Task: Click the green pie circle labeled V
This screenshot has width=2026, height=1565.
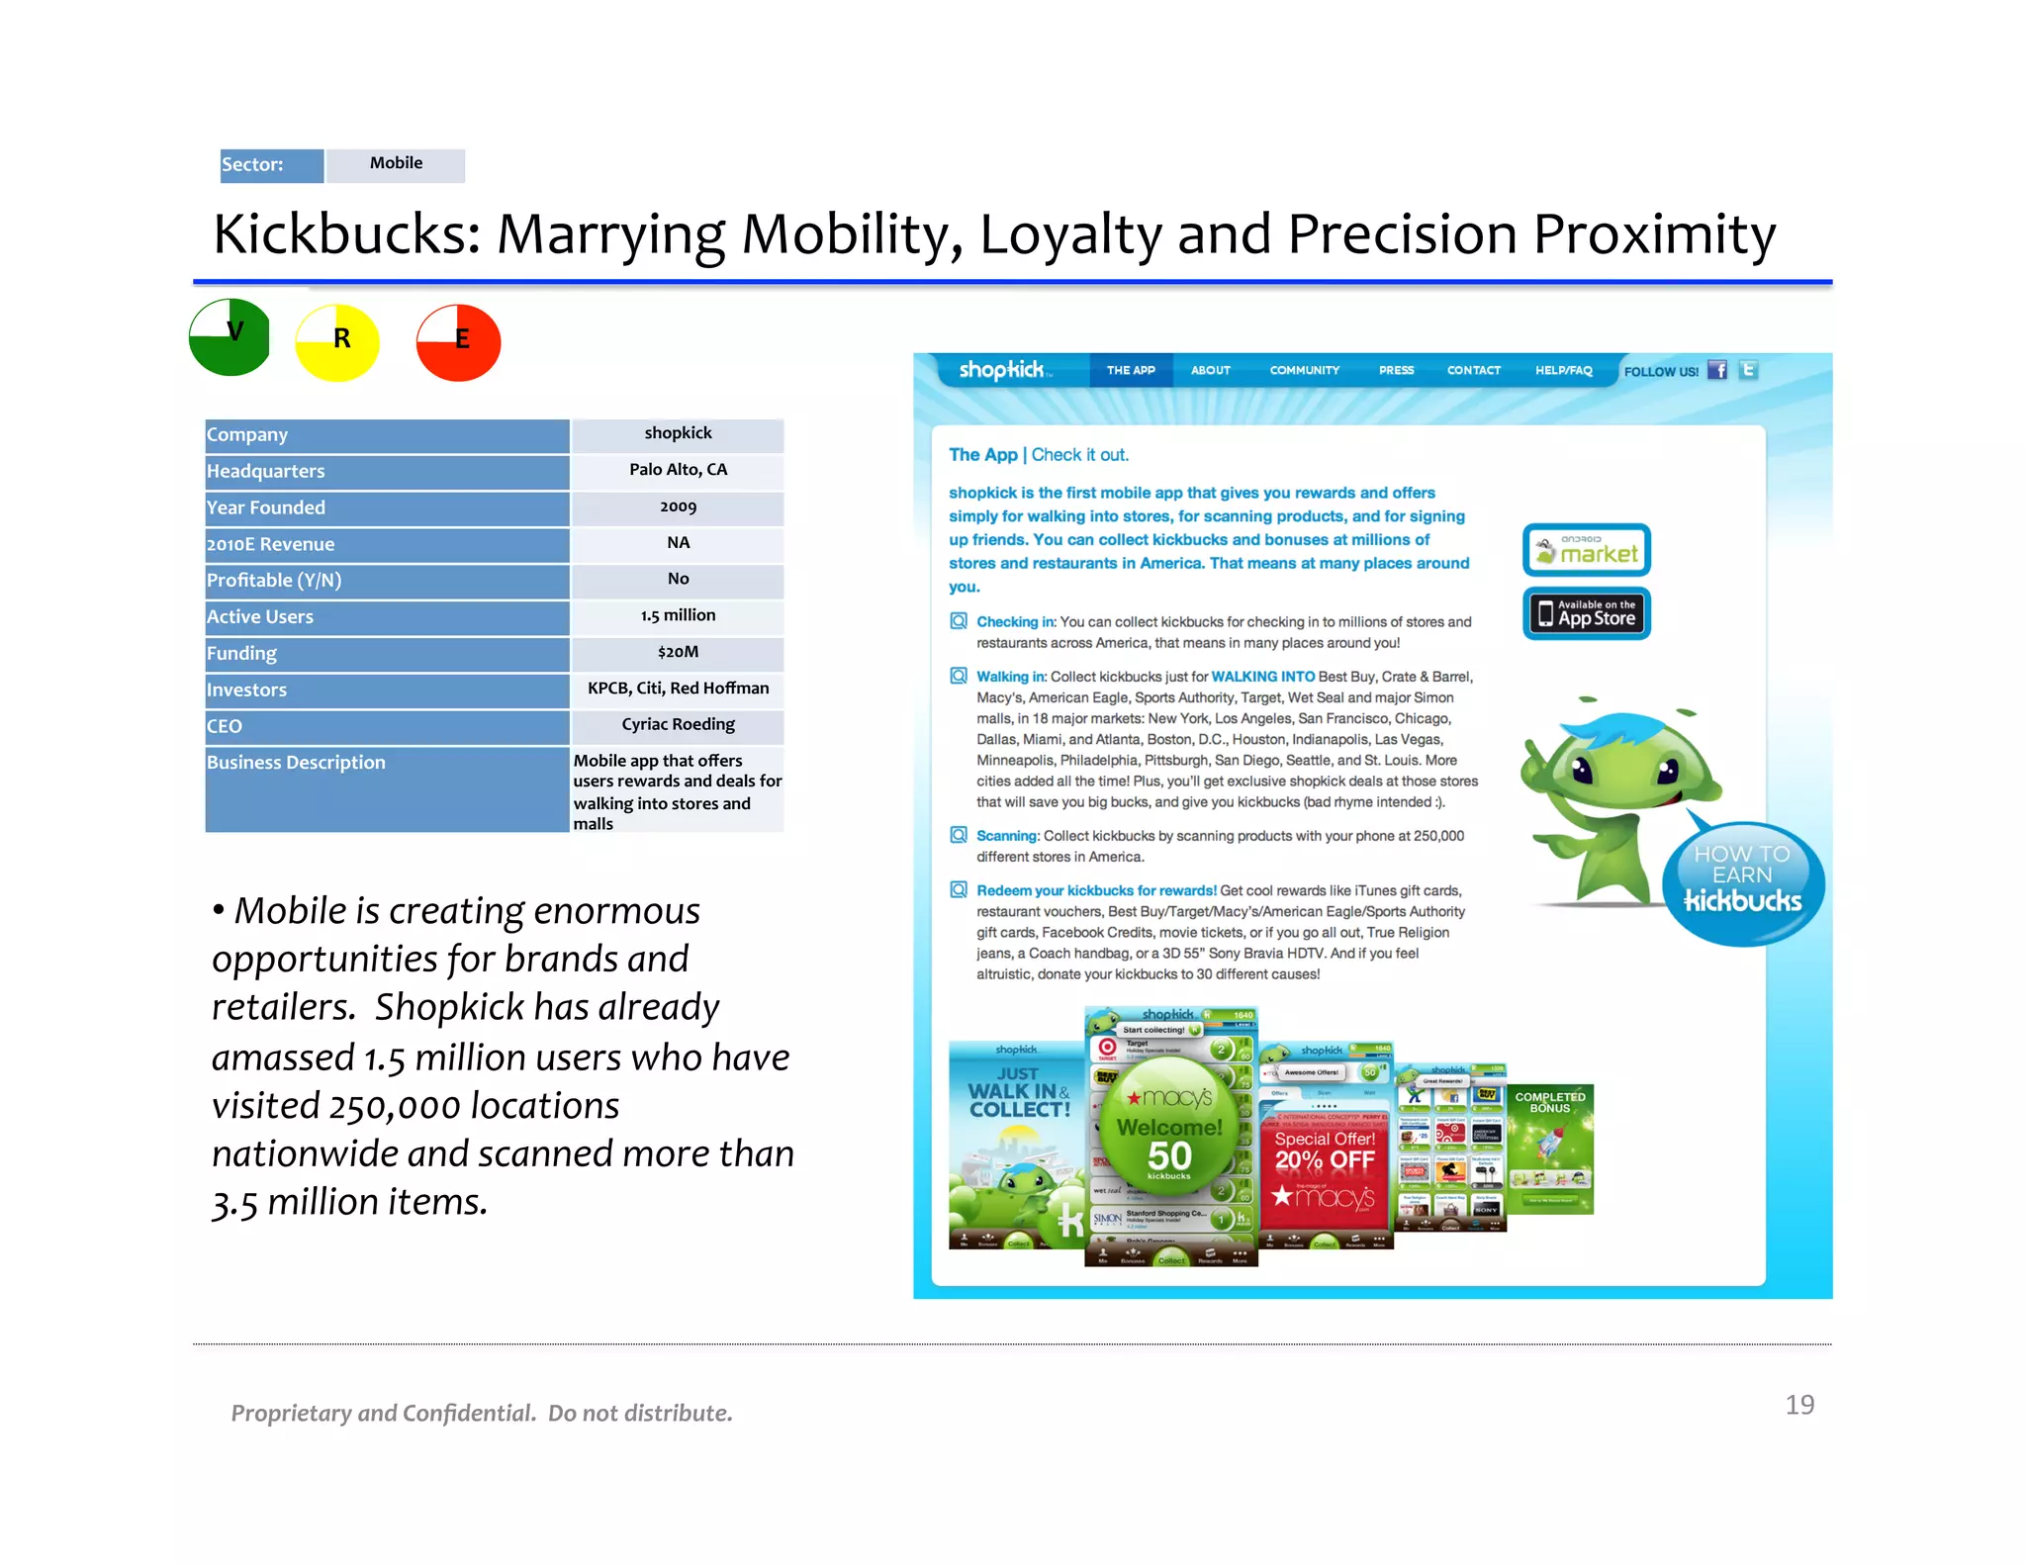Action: click(x=230, y=337)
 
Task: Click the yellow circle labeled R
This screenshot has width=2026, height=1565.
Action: click(x=337, y=342)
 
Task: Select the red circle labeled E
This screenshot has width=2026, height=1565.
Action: click(x=458, y=342)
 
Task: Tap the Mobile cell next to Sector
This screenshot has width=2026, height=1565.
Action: click(x=396, y=164)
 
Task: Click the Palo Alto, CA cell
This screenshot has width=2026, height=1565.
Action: click(x=678, y=470)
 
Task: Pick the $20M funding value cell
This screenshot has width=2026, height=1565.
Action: click(x=678, y=652)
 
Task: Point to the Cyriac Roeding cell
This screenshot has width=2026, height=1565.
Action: click(x=678, y=725)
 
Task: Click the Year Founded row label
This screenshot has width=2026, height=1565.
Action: click(x=266, y=507)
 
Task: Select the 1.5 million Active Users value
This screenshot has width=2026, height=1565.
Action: click(x=678, y=615)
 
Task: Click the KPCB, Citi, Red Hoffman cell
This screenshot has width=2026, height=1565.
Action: click(x=678, y=689)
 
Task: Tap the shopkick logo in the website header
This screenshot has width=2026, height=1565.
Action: click(x=1002, y=370)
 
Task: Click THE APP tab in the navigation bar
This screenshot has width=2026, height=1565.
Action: click(x=1131, y=370)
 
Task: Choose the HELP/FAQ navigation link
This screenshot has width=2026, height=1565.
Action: click(x=1563, y=370)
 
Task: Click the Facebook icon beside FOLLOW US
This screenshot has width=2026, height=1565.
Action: click(x=1717, y=370)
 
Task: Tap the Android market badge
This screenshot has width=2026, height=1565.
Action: click(x=1586, y=550)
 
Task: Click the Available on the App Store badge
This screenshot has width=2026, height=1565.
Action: click(x=1586, y=613)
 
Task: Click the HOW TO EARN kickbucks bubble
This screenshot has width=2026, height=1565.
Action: click(x=1742, y=880)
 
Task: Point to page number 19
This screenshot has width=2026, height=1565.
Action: click(x=1798, y=1405)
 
